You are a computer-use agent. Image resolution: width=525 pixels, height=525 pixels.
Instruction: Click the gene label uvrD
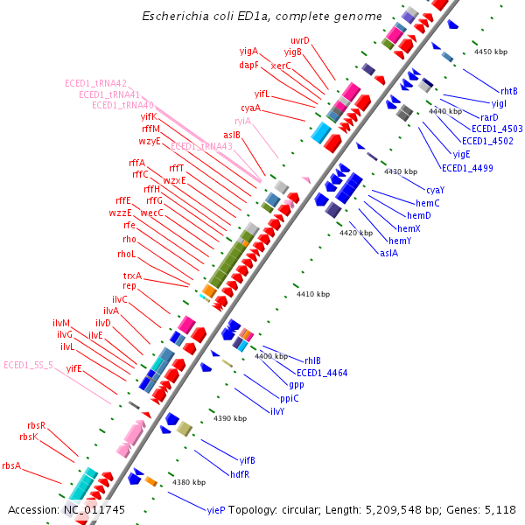pos(300,41)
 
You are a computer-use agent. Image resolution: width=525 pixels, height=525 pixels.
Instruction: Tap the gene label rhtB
pos(509,91)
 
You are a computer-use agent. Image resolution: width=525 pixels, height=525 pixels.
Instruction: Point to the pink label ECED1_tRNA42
pos(95,83)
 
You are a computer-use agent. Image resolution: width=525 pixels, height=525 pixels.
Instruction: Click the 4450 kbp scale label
pos(490,52)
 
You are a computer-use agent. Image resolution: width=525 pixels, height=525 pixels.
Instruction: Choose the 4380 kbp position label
pos(189,482)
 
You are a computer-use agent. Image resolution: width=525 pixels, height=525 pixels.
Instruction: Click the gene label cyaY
pos(435,190)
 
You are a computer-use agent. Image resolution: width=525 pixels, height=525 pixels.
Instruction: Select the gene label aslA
pos(388,253)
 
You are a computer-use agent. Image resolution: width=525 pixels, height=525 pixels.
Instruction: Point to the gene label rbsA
pos(11,465)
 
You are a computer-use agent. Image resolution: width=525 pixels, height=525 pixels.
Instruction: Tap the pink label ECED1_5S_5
pos(28,365)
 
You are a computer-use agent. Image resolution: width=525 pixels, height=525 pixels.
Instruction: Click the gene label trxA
pos(132,276)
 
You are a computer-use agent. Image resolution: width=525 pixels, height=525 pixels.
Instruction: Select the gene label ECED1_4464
pos(322,373)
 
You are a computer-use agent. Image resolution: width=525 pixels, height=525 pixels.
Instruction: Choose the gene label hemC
pos(424,203)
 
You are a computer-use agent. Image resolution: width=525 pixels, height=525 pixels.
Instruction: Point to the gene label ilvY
pos(276,411)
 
